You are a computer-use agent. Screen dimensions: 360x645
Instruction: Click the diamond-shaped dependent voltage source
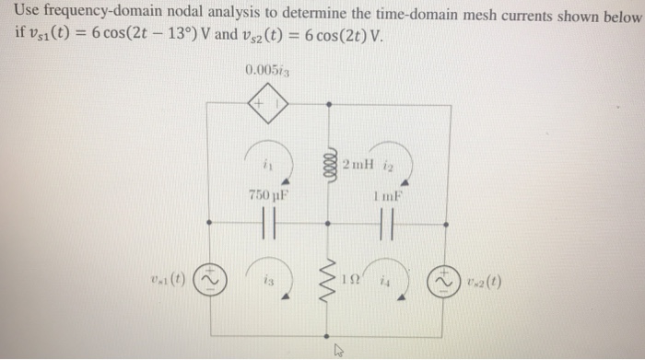pyautogui.click(x=267, y=105)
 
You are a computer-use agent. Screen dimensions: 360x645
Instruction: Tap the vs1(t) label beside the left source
pyautogui.click(x=172, y=275)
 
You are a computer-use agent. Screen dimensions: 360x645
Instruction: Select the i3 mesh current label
pyautogui.click(x=266, y=278)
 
